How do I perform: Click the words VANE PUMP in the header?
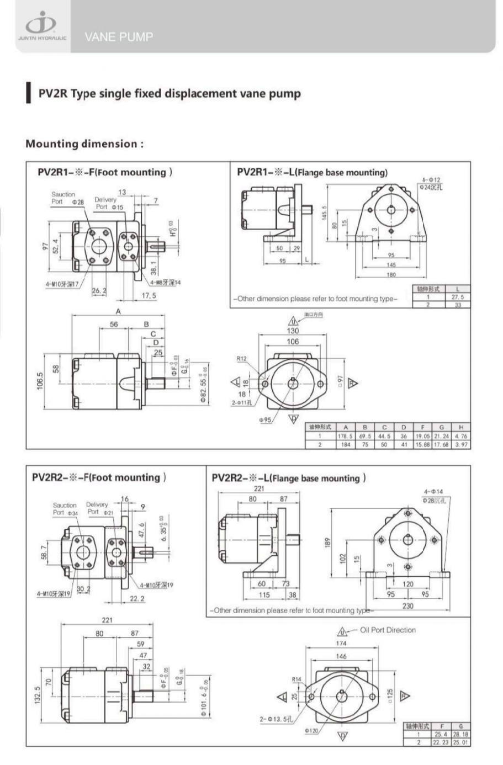[x=119, y=37]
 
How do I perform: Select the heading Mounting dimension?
[x=84, y=144]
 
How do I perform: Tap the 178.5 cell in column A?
[x=345, y=435]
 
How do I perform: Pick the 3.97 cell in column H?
[x=460, y=444]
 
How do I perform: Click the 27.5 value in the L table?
[x=458, y=296]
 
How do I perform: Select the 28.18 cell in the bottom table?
[x=460, y=734]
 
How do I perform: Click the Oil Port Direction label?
[x=388, y=630]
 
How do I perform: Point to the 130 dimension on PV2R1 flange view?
[x=293, y=331]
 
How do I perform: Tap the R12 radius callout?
[x=242, y=359]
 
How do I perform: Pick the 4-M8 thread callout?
[x=166, y=283]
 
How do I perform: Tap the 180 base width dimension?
[x=391, y=274]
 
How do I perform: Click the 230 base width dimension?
[x=407, y=605]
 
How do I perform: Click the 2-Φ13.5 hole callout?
[x=277, y=719]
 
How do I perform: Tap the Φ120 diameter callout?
[x=312, y=730]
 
